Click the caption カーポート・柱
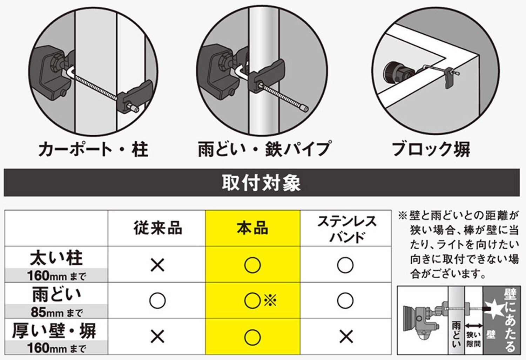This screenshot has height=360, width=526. tap(93, 149)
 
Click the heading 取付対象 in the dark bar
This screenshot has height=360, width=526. tap(261, 183)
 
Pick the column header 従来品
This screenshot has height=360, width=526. tap(158, 228)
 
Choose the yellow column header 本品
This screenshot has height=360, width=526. tap(253, 228)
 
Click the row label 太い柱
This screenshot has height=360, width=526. tap(56, 258)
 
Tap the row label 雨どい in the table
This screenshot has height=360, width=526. tap(56, 295)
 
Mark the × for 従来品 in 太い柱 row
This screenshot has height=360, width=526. tap(157, 265)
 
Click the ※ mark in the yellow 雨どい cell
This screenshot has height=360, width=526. tap(270, 300)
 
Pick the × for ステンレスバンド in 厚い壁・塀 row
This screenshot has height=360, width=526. tap(346, 337)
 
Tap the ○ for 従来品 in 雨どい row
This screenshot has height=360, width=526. tap(157, 300)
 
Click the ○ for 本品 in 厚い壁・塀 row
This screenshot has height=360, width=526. tap(252, 337)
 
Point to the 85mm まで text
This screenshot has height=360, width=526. tap(57, 312)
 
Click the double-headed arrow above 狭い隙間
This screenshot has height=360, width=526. tap(473, 326)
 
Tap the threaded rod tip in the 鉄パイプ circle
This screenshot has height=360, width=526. tap(305, 108)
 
